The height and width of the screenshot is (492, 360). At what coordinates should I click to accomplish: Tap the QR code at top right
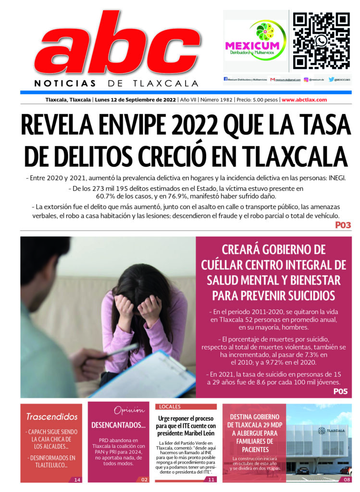[321, 40]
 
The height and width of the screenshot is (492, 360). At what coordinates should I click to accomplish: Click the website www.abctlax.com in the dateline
[304, 100]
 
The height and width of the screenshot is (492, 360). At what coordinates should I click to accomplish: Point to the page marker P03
[343, 225]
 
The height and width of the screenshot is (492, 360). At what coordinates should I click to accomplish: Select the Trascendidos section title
[52, 416]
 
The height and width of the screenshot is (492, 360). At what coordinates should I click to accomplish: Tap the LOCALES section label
[170, 406]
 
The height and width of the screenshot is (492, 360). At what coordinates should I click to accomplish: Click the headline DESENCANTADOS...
[118, 425]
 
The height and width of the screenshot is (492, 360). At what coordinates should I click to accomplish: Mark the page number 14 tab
[76, 479]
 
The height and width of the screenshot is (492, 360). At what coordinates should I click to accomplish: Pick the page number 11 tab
[211, 479]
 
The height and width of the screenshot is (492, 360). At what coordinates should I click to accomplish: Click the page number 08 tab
[347, 479]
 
